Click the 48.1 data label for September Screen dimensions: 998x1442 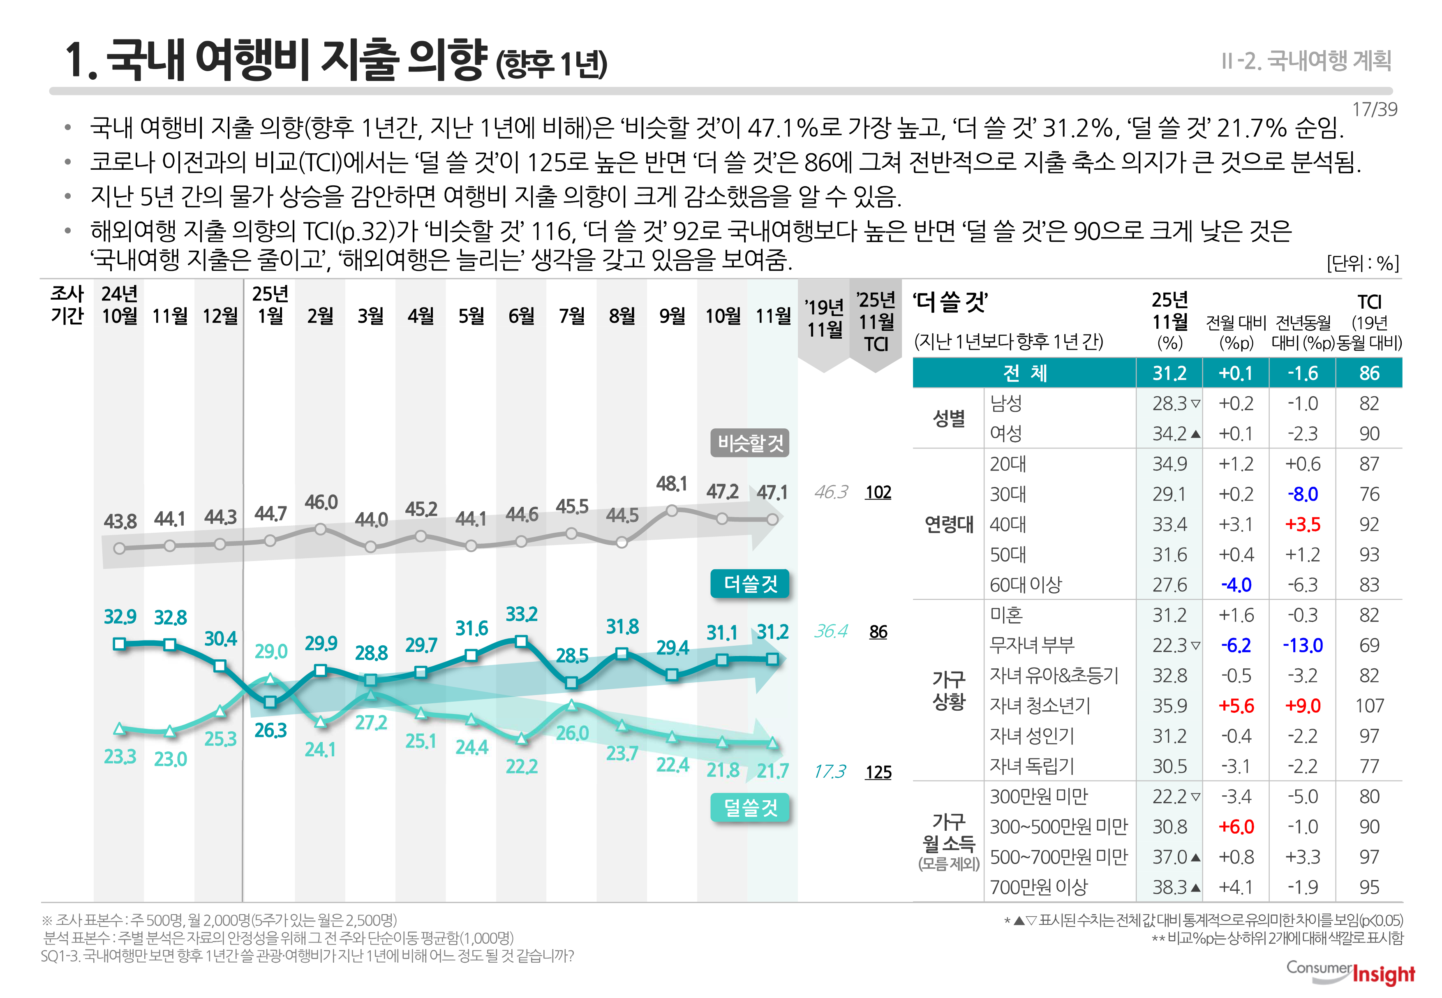[672, 483]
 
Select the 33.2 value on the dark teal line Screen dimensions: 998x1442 [522, 614]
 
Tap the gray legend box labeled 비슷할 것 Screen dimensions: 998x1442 [750, 444]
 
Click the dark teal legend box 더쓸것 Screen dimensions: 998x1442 [750, 584]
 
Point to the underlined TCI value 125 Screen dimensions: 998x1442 [878, 772]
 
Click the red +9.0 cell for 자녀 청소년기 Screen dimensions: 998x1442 [1303, 706]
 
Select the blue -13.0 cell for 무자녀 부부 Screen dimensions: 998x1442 [1303, 645]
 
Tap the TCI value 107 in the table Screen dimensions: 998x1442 [1369, 706]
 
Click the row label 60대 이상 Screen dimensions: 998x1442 [1026, 584]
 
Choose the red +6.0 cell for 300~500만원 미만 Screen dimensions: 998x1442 [1236, 827]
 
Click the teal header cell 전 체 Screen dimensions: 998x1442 [1024, 373]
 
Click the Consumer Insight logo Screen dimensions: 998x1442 [1351, 973]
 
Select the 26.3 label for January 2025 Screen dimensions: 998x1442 [270, 730]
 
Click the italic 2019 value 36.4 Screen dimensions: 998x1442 [830, 632]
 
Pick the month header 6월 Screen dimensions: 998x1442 [522, 316]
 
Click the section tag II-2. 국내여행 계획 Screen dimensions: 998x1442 [1306, 61]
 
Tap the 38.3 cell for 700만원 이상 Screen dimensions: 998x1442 [1169, 887]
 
